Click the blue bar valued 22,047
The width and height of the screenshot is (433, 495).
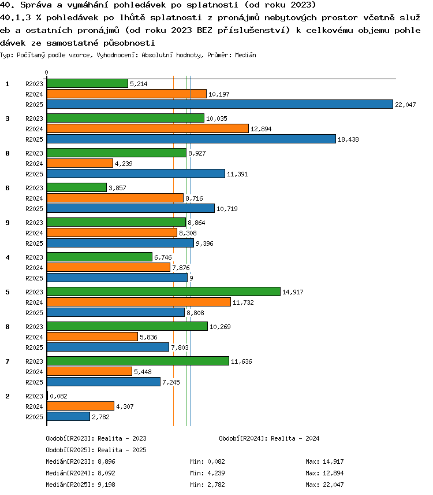click(220, 104)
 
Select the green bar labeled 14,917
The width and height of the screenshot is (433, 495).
click(163, 291)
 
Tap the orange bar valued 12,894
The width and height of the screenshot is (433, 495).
click(148, 128)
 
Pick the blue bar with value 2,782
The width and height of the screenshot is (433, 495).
click(68, 416)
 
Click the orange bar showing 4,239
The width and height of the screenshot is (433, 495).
click(80, 163)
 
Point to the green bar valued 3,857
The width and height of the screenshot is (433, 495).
click(77, 187)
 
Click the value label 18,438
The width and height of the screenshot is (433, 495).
click(348, 139)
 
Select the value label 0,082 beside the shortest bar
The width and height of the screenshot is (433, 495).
click(59, 396)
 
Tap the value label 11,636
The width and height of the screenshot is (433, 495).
click(241, 361)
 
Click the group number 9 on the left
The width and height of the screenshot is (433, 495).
click(8, 223)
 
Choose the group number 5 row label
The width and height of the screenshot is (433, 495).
click(8, 292)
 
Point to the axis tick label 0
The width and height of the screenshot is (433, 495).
click(47, 73)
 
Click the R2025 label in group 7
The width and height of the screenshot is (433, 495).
click(34, 382)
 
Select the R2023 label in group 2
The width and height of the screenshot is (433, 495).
click(34, 396)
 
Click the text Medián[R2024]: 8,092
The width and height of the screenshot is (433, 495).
click(80, 473)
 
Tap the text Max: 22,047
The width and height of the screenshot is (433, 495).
click(324, 485)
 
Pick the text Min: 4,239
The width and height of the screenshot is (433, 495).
click(207, 473)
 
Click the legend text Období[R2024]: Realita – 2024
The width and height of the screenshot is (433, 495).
click(269, 438)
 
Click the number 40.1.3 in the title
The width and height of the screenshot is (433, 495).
click(16, 18)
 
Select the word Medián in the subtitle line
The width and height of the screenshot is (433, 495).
click(245, 56)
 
